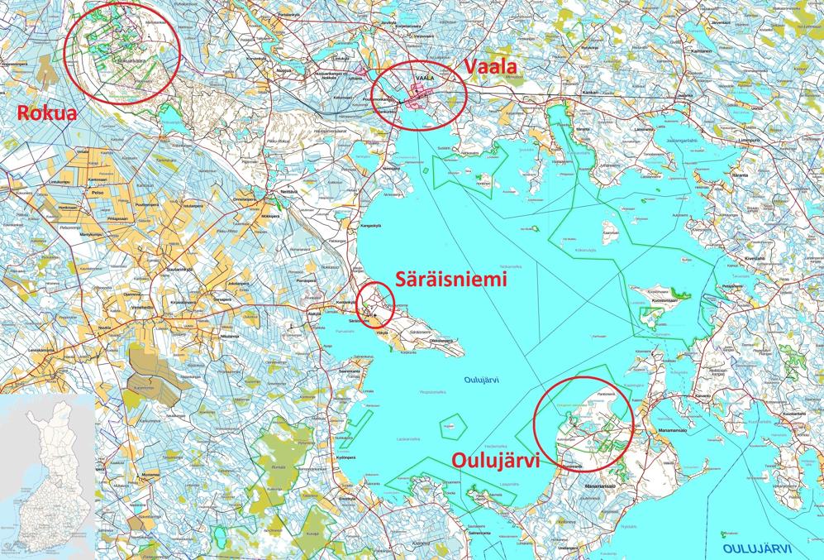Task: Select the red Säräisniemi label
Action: [x=451, y=280]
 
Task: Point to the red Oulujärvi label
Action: [x=494, y=459]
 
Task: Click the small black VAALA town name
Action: [x=425, y=79]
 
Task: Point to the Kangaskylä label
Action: [x=369, y=225]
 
